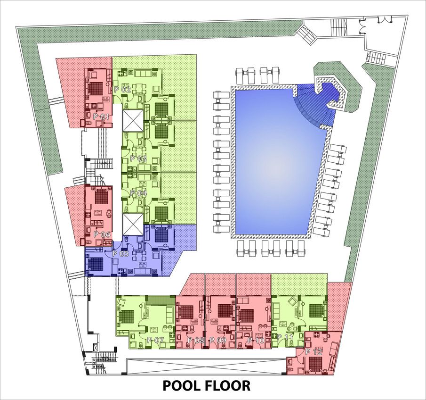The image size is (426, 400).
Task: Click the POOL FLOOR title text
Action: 207,385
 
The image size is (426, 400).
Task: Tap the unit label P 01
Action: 101,116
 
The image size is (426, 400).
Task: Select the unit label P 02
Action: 122,89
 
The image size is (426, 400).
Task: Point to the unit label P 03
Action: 138,158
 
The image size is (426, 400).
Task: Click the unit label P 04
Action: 138,193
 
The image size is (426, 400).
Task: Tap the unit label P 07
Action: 155,340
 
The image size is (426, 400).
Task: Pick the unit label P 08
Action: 195,340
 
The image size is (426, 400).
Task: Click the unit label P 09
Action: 218,340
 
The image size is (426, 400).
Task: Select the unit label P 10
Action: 256,340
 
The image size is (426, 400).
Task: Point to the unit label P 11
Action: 285,338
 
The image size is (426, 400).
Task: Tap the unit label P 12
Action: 314,352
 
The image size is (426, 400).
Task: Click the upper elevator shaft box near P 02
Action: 132,121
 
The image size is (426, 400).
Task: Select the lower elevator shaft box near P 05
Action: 132,224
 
